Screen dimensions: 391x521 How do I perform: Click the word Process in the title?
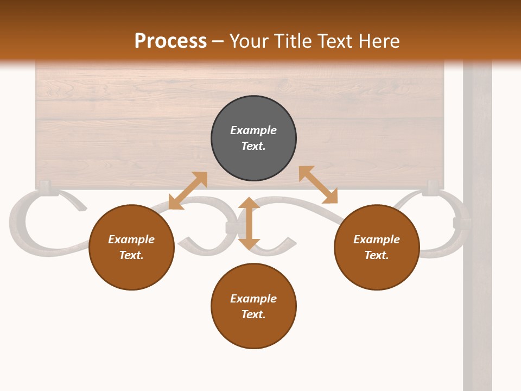pos(170,41)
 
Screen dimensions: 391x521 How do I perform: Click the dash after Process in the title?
pos(218,42)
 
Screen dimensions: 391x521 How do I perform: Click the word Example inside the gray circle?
pos(253,130)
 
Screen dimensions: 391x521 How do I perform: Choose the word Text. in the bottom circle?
pos(253,314)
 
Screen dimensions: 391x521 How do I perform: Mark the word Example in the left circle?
pos(131,239)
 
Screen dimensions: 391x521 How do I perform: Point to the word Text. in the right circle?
pos(377,255)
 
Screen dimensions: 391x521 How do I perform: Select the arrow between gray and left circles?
pos(188,191)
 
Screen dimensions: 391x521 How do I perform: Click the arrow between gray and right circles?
pos(318,185)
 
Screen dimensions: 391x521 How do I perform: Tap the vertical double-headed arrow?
pos(249,223)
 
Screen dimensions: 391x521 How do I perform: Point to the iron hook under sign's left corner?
pos(47,188)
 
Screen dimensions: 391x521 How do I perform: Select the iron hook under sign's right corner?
pos(432,188)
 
